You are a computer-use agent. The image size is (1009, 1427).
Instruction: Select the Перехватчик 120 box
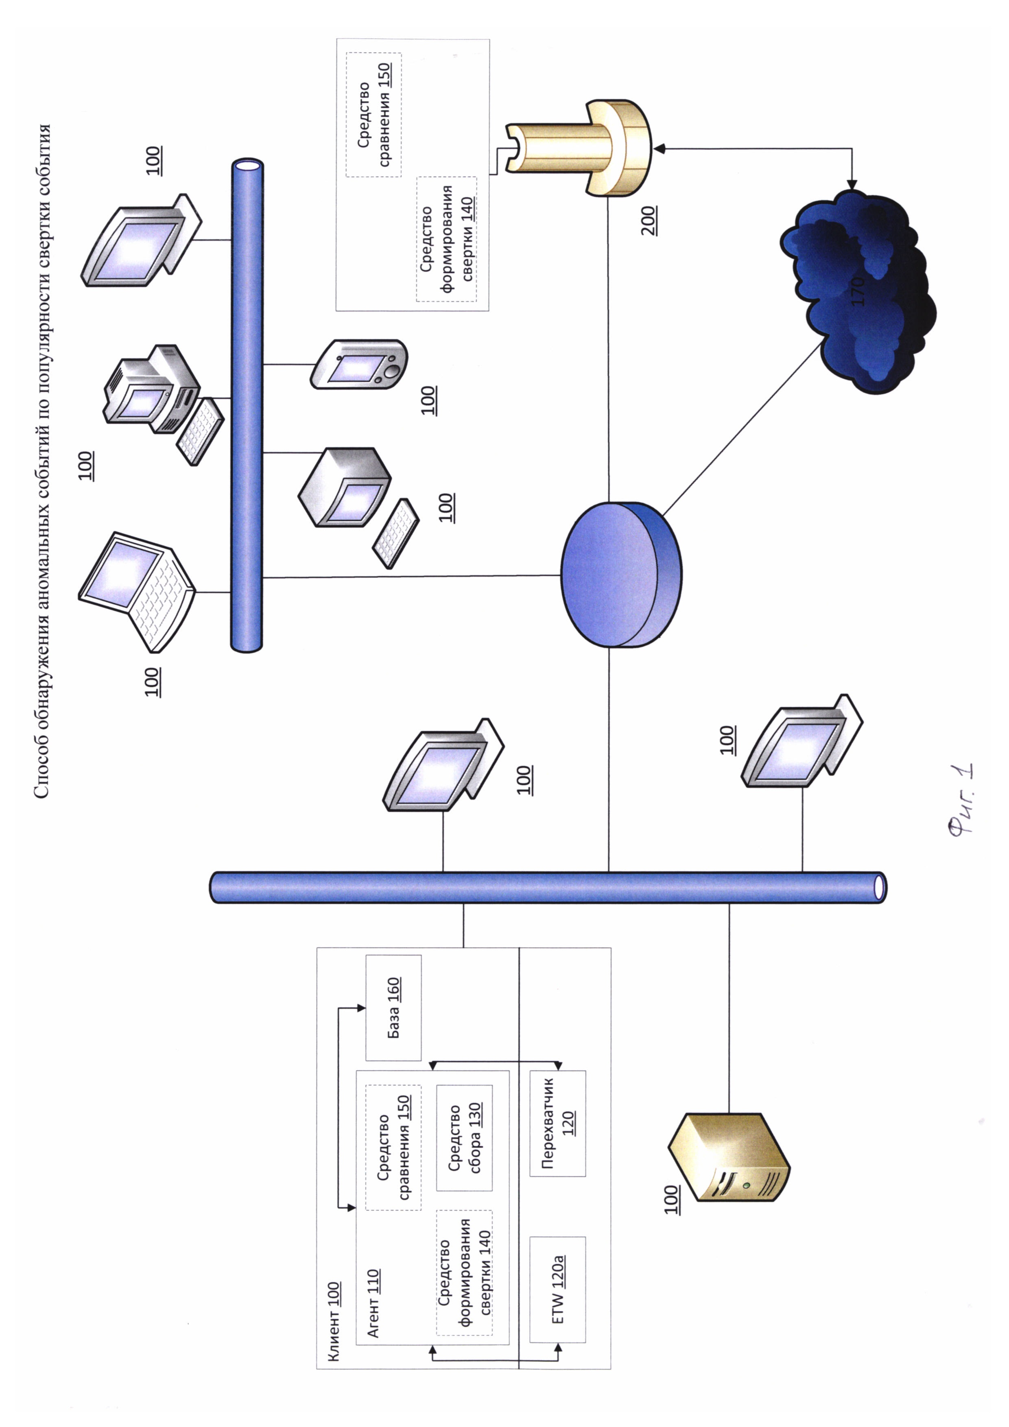[x=557, y=1123]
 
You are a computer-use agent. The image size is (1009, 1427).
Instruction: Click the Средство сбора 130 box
[x=464, y=1137]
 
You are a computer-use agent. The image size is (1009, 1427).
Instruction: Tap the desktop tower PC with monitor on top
[x=152, y=389]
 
